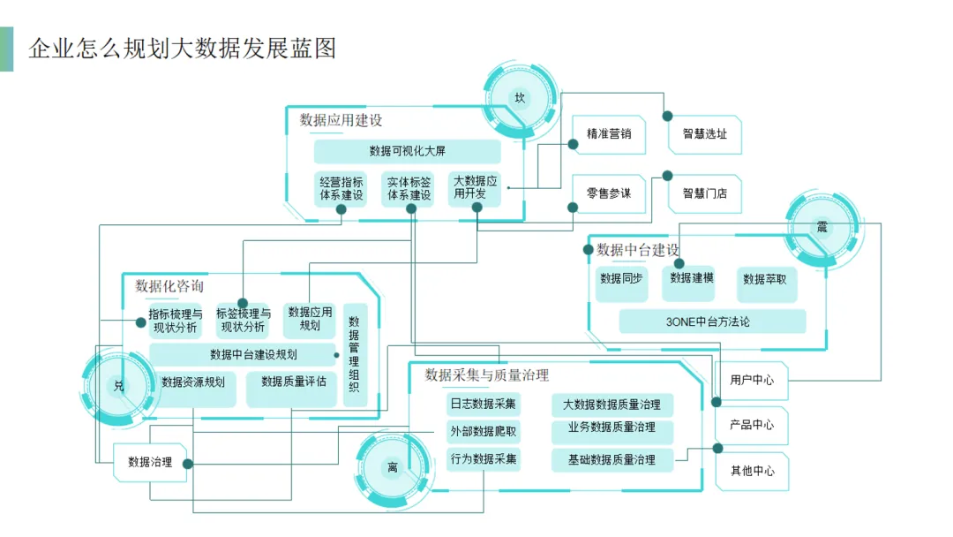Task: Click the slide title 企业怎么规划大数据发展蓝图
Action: (182, 48)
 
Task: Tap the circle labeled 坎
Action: (520, 98)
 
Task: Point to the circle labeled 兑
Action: (119, 386)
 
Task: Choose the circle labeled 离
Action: (393, 467)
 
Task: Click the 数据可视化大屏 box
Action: (407, 151)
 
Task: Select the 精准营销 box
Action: (609, 134)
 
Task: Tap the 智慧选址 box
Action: (704, 134)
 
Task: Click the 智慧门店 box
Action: (704, 193)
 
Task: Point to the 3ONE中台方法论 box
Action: (712, 321)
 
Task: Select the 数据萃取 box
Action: (764, 279)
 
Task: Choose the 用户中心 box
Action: (752, 380)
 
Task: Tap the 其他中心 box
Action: (752, 471)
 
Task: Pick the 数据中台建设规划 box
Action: (242, 355)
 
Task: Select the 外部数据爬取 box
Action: (484, 432)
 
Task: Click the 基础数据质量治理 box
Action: (612, 459)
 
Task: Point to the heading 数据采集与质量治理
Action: (487, 375)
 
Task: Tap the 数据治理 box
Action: (150, 462)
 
